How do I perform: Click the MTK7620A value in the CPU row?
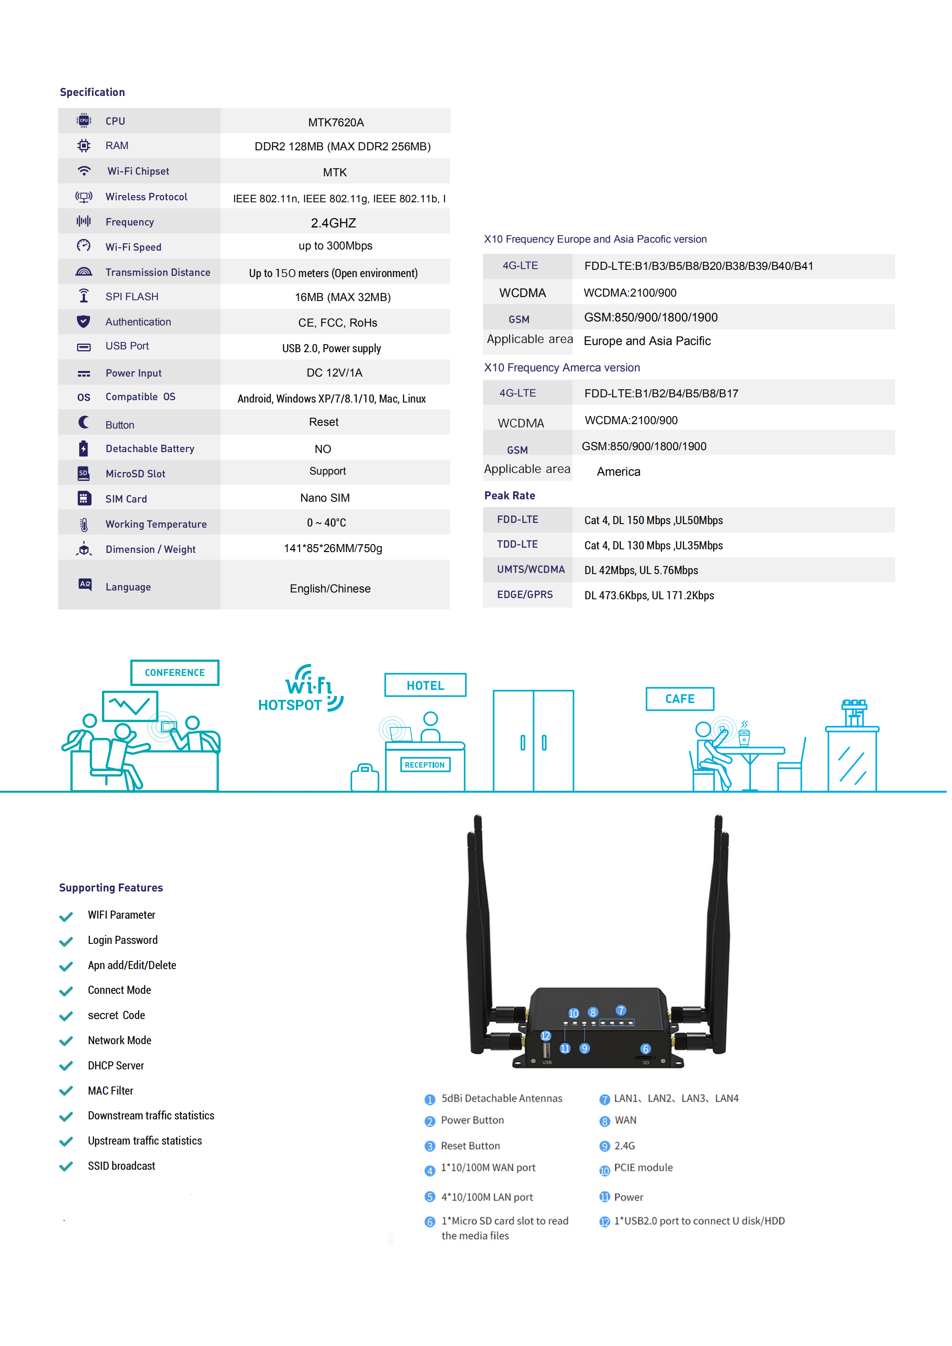point(336,122)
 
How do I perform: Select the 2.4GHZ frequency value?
point(333,223)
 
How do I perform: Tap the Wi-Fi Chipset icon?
point(84,171)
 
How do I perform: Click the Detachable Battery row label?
point(150,449)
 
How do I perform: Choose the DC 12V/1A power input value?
point(334,373)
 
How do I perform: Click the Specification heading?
point(92,92)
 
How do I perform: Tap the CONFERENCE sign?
point(175,672)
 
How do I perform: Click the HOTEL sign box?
point(425,685)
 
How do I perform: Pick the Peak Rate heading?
point(509,495)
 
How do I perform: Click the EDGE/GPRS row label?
point(525,594)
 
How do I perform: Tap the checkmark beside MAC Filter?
point(66,1091)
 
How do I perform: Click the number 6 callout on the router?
point(645,1049)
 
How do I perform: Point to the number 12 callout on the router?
point(545,1036)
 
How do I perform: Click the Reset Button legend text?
point(470,1145)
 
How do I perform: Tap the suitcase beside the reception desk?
point(365,778)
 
